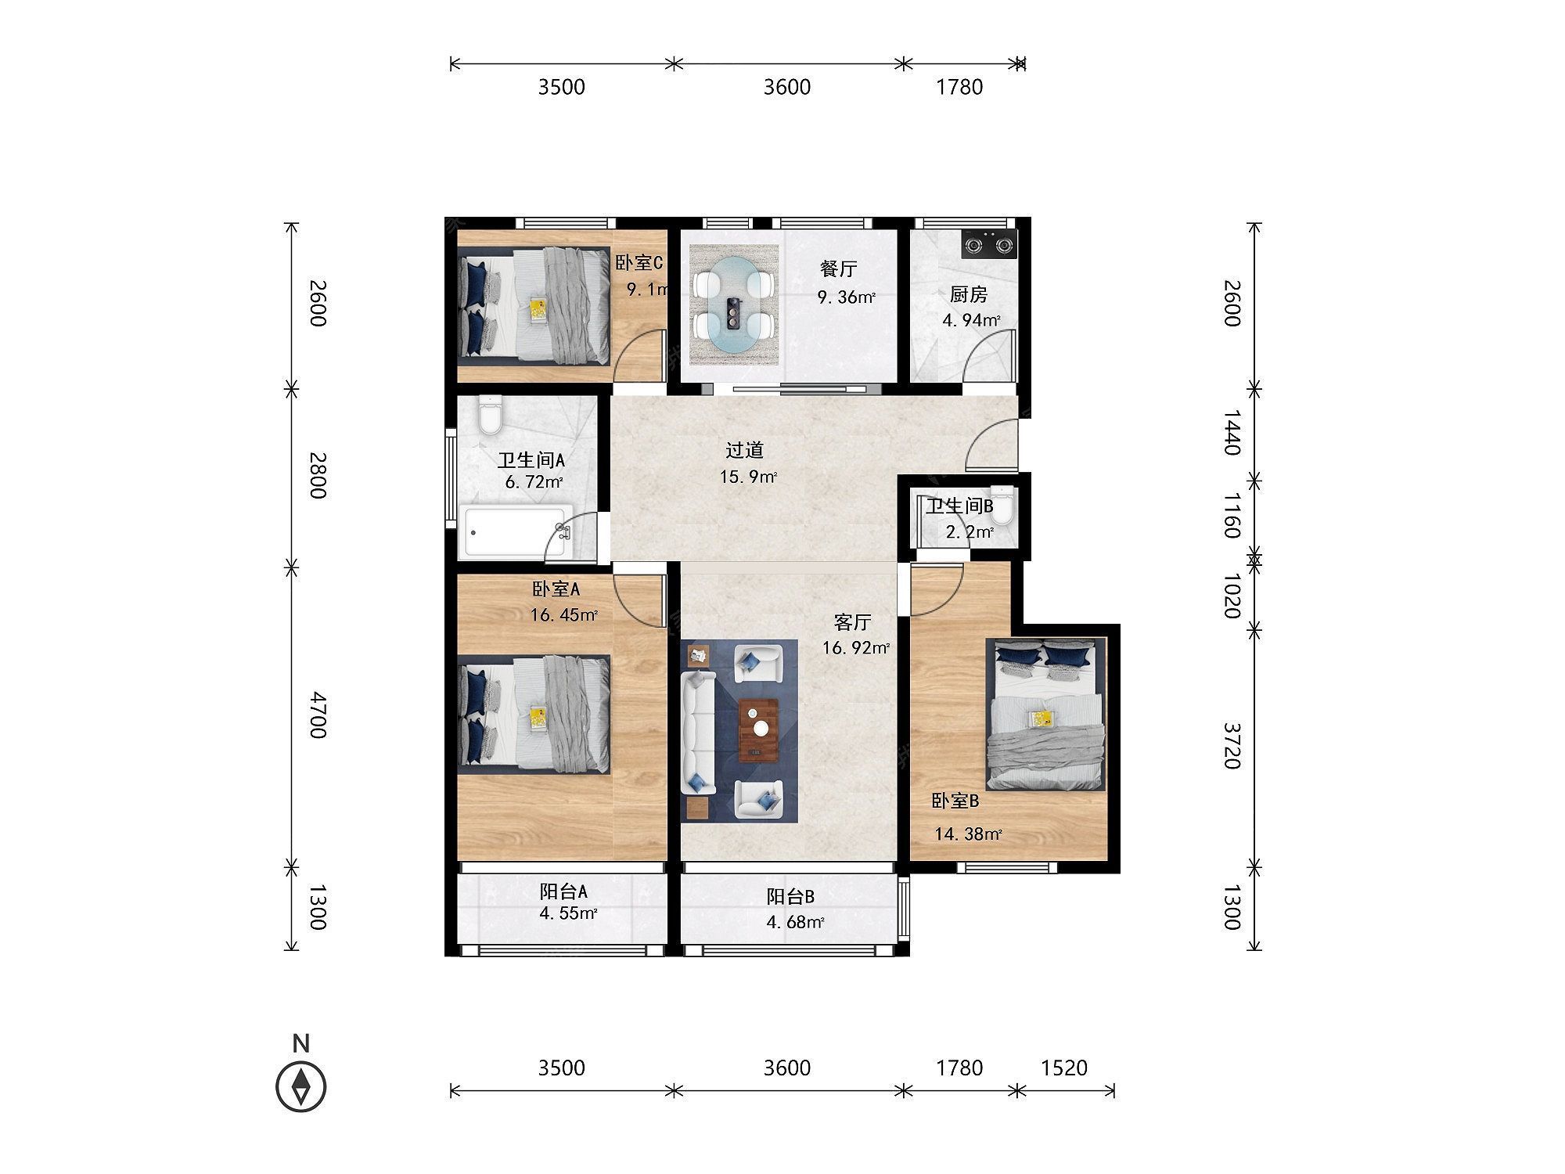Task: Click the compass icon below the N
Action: click(301, 1086)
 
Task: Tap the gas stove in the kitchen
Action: click(989, 243)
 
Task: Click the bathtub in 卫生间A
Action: click(516, 533)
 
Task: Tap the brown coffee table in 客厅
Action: click(758, 729)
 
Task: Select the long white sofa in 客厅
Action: click(698, 733)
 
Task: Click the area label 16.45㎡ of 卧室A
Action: click(564, 615)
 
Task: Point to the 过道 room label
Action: click(744, 451)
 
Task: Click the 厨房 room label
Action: click(968, 295)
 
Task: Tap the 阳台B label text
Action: click(790, 897)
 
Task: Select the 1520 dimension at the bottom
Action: click(1064, 1068)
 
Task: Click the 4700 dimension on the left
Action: click(317, 715)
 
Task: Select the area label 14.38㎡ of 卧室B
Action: click(968, 834)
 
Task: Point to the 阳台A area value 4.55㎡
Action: click(568, 913)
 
